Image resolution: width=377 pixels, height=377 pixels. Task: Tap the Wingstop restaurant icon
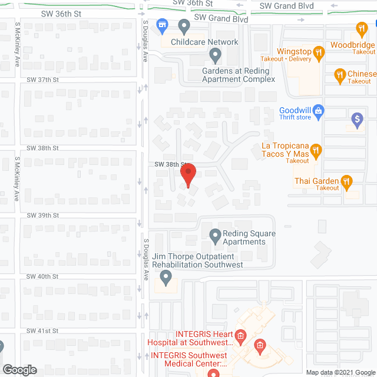point(318,52)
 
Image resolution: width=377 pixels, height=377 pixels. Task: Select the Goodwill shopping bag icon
point(318,110)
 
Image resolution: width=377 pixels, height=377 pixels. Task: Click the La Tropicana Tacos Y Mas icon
point(316,151)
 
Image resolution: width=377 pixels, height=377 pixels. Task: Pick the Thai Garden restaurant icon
point(347,181)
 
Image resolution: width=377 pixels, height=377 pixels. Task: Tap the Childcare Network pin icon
point(184,27)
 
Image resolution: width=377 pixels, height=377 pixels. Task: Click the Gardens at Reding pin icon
point(215,56)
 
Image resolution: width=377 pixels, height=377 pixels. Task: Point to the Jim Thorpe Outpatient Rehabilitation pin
point(166,276)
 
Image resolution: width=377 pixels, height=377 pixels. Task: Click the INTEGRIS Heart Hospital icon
point(240,336)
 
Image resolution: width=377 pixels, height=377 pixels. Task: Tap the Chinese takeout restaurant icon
point(339,74)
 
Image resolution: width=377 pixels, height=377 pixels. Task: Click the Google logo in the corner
point(19,370)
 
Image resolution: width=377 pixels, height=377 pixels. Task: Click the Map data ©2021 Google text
point(340,372)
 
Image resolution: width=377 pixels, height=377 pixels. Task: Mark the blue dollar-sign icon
point(356,120)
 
